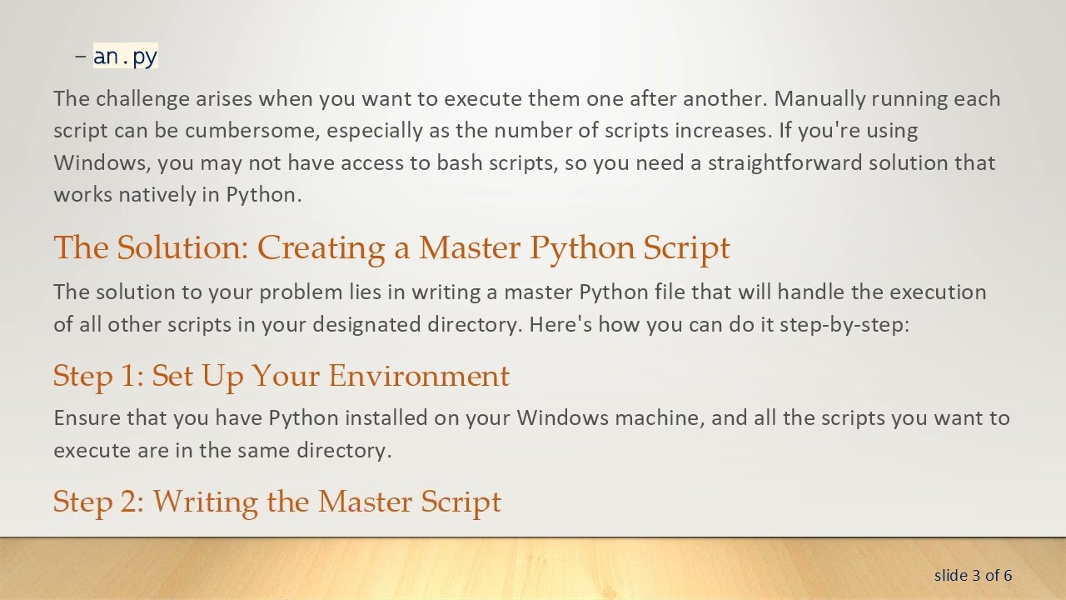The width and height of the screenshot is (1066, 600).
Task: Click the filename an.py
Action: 125,57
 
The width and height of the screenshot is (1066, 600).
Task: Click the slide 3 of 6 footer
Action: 973,575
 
